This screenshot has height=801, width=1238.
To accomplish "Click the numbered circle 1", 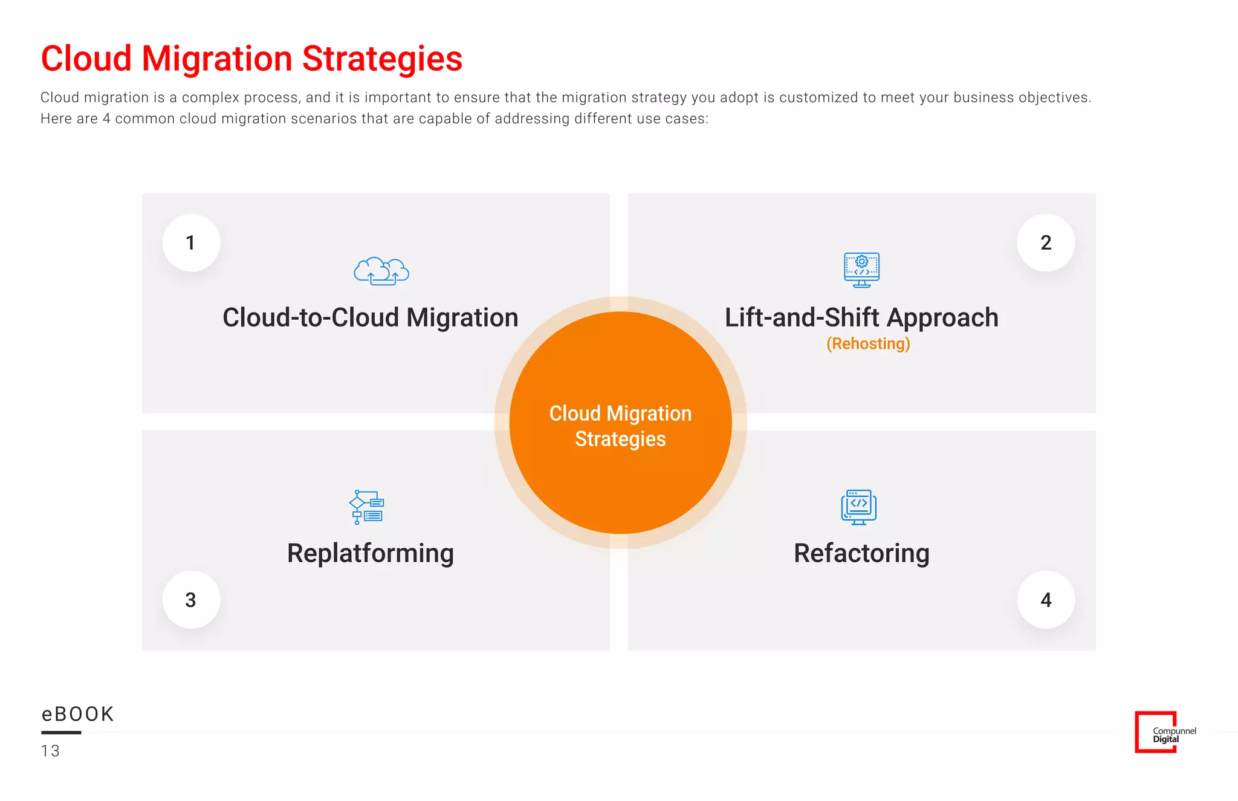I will [x=191, y=242].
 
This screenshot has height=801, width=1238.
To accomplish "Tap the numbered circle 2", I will [x=1046, y=242].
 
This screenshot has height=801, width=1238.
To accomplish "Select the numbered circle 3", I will [x=191, y=600].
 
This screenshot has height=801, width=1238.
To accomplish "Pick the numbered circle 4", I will [x=1046, y=600].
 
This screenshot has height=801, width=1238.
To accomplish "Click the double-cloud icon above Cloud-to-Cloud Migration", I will [x=381, y=271].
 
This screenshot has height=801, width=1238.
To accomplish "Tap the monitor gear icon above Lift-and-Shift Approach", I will [x=861, y=270].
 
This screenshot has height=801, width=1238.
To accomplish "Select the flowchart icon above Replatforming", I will [x=367, y=507].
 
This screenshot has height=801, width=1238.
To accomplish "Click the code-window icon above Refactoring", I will [x=858, y=507].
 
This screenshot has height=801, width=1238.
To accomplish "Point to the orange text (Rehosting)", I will [x=868, y=343].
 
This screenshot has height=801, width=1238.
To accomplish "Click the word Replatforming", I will [x=370, y=553].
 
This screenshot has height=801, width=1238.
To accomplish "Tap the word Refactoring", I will [x=861, y=553].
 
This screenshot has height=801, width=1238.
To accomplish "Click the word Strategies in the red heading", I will [x=382, y=59].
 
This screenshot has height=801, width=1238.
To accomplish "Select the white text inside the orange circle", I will [x=620, y=426].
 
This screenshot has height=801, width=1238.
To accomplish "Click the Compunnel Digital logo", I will [x=1164, y=732].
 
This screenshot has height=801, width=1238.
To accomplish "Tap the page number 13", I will [x=50, y=751].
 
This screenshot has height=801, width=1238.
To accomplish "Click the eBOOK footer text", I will [x=77, y=714].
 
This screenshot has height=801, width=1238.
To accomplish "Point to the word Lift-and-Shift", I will [x=802, y=318].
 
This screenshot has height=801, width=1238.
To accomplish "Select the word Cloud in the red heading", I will [x=86, y=59].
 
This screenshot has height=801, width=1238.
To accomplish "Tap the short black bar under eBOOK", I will [x=61, y=733].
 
